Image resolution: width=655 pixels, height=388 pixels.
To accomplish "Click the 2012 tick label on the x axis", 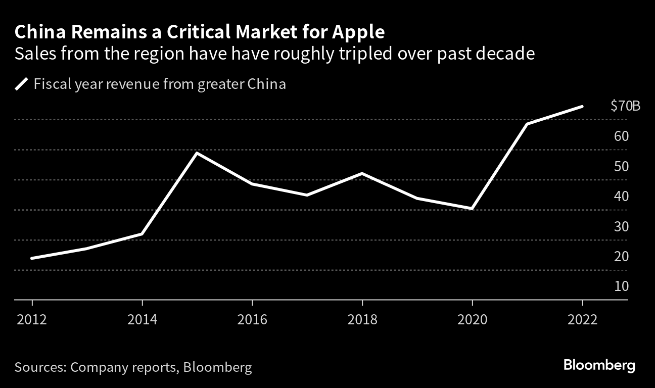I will pos(32,320).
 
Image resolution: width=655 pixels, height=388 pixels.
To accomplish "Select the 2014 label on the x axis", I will pos(143,320).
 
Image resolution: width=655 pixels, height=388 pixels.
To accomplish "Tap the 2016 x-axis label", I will pos(252,320).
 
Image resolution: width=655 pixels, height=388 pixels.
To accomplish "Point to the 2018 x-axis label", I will pos(362,320).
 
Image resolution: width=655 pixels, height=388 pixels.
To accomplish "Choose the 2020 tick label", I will pos(472,320).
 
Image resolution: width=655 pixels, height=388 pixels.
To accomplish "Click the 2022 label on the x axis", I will pos(582,320).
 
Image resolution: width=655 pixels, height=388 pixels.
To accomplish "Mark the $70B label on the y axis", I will pos(625,106).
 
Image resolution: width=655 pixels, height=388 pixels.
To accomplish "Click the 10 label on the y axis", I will pos(621,286).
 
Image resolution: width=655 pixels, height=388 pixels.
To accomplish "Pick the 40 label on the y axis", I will pos(621,196).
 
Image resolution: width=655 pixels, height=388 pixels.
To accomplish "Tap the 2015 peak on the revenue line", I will pos(197,153).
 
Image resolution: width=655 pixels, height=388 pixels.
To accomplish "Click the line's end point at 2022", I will pos(582,107).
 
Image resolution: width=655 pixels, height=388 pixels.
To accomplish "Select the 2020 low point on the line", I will pos(472,209).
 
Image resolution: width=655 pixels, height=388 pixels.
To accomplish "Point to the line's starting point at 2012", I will pos(32,258).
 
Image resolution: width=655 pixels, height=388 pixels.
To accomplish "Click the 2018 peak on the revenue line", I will pos(362,173).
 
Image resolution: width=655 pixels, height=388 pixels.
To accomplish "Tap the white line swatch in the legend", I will pos(22,84).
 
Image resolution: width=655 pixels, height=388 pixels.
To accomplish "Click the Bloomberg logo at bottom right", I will pos(599,366).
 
